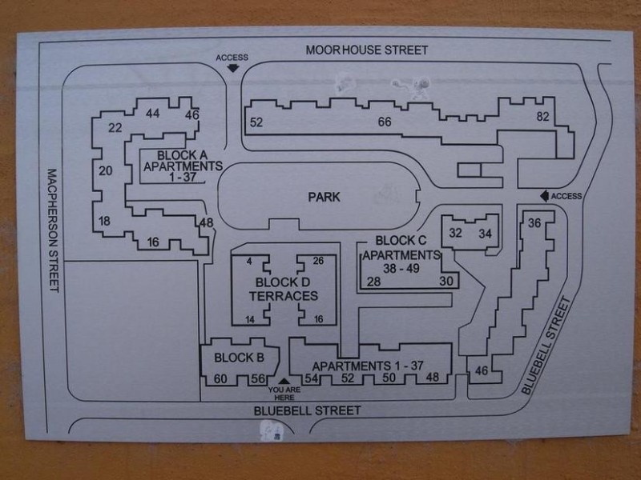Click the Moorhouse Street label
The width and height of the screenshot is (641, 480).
[367, 50]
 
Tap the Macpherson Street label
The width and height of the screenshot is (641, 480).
[54, 230]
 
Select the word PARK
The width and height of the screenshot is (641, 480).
[324, 197]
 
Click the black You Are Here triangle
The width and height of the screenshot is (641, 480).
[284, 382]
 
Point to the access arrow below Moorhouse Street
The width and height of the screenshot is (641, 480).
[232, 68]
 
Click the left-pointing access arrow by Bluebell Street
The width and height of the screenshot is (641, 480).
[545, 196]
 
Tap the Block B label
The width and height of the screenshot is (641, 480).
[239, 358]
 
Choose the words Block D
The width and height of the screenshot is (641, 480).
[283, 282]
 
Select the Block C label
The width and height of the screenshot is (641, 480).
[401, 241]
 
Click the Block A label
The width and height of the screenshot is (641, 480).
[182, 155]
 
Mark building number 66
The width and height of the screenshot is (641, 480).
[385, 122]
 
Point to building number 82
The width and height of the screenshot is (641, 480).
[542, 116]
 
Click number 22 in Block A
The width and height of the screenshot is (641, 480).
[115, 128]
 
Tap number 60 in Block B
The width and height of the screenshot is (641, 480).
[220, 378]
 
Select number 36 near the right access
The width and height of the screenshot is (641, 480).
[534, 223]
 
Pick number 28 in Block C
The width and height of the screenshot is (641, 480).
[373, 282]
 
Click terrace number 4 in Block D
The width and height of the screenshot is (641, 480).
[249, 262]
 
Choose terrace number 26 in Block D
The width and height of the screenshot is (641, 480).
[318, 261]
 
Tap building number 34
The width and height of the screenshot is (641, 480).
[486, 234]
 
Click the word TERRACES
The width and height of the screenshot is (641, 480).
[284, 296]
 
